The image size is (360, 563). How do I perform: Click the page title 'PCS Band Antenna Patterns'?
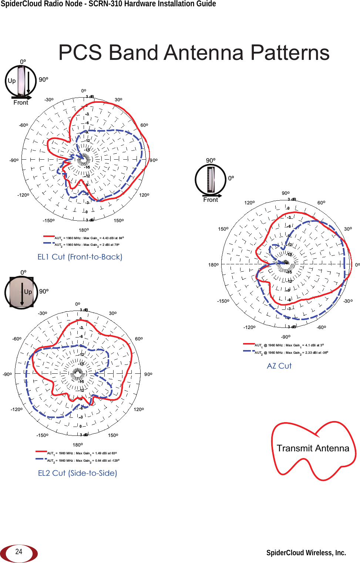[x=194, y=52]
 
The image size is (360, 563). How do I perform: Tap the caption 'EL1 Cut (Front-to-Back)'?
[x=80, y=257]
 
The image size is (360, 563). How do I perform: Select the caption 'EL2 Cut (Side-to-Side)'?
[x=78, y=473]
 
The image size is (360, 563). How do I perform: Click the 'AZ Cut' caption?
[x=279, y=366]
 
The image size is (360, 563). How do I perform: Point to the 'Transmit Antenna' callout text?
[x=313, y=448]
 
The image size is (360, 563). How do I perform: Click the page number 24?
[x=19, y=552]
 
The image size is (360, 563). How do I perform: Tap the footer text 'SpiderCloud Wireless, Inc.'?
[x=306, y=553]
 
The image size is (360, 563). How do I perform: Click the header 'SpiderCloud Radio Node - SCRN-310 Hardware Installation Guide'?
[x=108, y=4]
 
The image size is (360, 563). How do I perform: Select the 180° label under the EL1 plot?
[x=84, y=230]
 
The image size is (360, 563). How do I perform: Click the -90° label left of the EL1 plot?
[x=14, y=160]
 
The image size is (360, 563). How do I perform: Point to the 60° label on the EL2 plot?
[x=139, y=339]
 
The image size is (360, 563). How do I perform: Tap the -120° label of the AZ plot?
[x=249, y=328]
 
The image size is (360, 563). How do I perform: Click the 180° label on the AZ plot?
[x=213, y=265]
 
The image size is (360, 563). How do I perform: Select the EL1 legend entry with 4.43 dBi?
[x=89, y=238]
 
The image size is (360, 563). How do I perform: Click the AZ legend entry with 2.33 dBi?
[x=291, y=353]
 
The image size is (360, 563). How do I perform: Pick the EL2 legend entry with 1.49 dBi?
[x=82, y=453]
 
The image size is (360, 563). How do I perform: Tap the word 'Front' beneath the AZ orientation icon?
[x=211, y=200]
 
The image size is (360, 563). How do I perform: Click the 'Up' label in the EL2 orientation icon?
[x=28, y=292]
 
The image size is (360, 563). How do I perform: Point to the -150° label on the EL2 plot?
[x=42, y=435]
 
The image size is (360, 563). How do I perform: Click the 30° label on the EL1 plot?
[x=118, y=100]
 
